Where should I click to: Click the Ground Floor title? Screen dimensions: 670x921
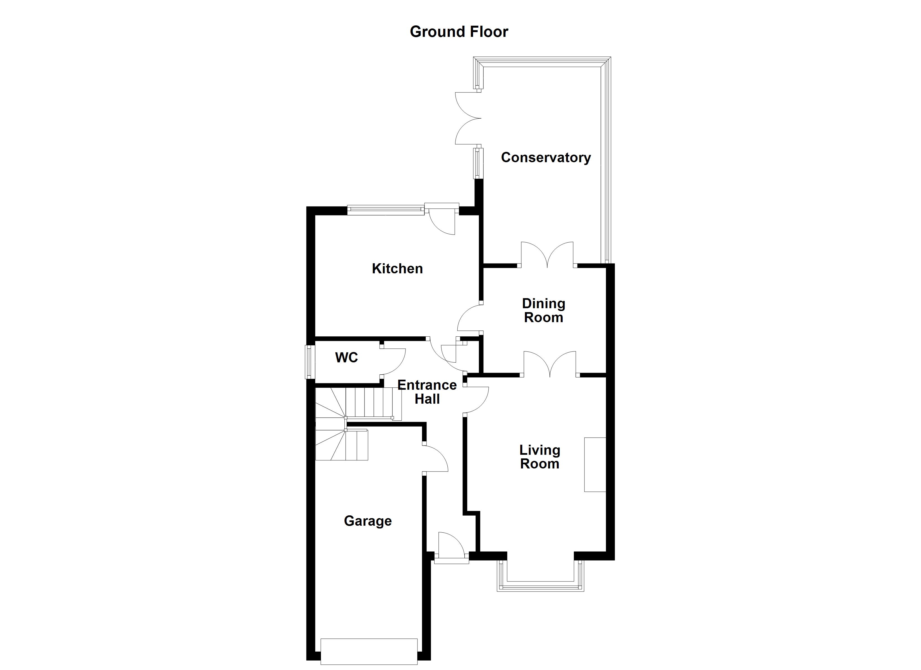coord(459,32)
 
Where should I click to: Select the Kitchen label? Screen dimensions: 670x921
coord(397,269)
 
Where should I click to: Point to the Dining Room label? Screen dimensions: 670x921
coord(543,310)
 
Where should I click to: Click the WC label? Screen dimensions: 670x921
coord(346,358)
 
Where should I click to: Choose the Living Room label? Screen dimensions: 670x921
coord(540,457)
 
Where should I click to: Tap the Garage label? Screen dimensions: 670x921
coord(368,521)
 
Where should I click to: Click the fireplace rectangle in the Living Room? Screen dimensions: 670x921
coord(595,465)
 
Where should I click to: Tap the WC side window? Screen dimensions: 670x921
coord(310,362)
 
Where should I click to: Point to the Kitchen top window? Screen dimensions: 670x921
coord(385,210)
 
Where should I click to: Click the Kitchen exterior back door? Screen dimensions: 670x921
coord(442,220)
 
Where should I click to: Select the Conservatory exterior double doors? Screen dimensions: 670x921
coord(468,118)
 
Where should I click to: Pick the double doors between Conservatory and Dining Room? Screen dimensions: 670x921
coord(547,255)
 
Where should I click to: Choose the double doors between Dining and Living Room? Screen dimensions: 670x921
coord(550,364)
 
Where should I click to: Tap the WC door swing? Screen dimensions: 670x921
coord(393,362)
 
